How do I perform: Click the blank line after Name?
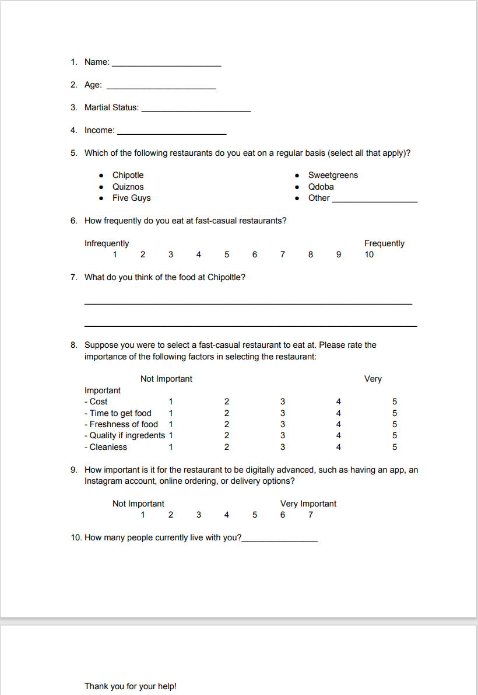tap(166, 64)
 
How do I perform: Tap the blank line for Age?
tap(161, 87)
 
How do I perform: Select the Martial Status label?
tap(111, 107)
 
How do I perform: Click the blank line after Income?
tap(171, 132)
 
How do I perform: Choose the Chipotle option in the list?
tap(128, 175)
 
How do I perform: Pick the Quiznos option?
tap(128, 187)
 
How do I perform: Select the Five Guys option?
tap(131, 198)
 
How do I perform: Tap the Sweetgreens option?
tap(333, 175)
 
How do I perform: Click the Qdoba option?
tap(321, 187)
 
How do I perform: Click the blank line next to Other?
tap(374, 200)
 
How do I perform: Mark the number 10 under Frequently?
tap(369, 254)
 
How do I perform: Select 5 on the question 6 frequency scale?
tap(226, 254)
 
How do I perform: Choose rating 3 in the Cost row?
tap(283, 401)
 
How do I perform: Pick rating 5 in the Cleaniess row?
tap(395, 447)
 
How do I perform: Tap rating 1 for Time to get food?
tap(171, 413)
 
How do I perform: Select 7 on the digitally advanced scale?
tap(311, 515)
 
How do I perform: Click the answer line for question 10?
tap(280, 540)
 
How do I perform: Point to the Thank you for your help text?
tap(130, 686)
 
